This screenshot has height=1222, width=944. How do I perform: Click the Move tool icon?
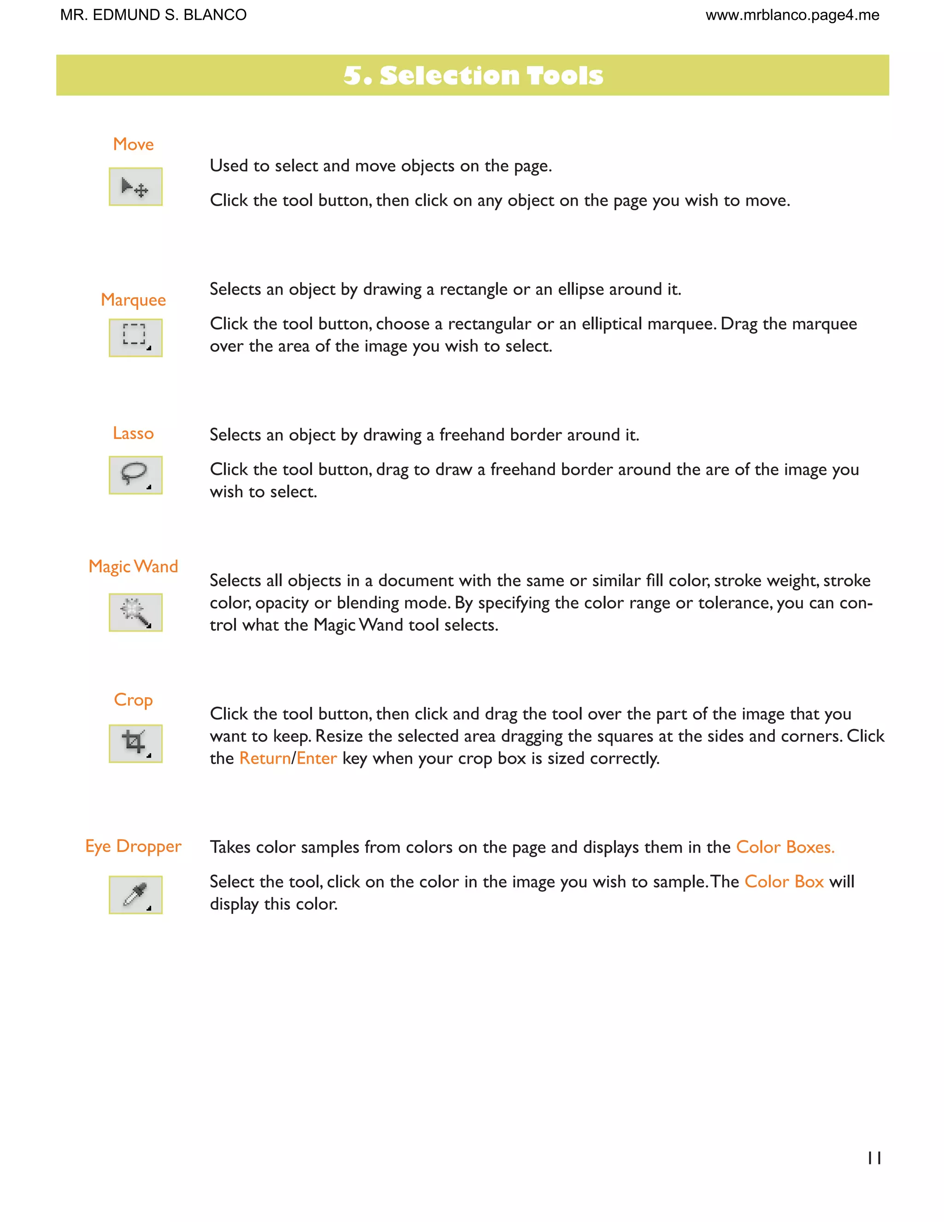coord(136,186)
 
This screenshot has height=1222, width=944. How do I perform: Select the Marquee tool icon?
coord(136,338)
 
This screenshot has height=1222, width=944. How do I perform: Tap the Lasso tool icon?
coord(136,475)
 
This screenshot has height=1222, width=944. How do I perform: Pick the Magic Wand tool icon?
coord(136,612)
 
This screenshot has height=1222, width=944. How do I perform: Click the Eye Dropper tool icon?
coord(136,894)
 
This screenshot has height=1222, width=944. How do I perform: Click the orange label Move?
coord(133,144)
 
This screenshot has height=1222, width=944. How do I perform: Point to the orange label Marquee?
coord(133,300)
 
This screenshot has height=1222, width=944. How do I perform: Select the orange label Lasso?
coord(133,433)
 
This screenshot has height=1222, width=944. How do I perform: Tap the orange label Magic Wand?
coord(133,567)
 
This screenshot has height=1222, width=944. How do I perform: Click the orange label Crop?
coord(133,700)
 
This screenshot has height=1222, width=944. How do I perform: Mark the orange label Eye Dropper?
coord(133,846)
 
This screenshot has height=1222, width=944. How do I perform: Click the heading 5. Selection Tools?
coord(472,76)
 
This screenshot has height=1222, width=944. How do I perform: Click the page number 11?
coord(874,1158)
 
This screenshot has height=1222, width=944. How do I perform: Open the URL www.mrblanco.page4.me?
coord(792,15)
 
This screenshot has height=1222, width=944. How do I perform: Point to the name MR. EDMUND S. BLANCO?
coord(153,15)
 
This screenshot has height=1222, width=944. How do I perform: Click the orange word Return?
coord(265,758)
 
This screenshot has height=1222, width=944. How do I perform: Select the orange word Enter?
coord(317,758)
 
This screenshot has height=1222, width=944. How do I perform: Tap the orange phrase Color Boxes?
coord(785,847)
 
